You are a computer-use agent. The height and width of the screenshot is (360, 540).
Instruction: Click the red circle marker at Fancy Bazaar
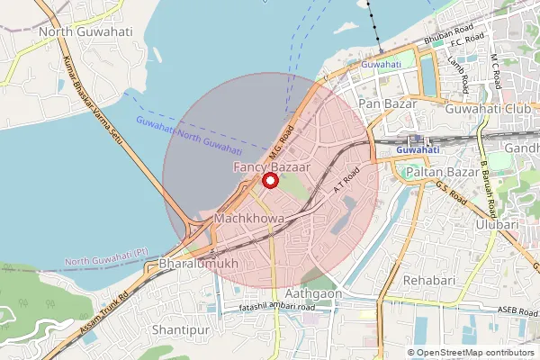268,181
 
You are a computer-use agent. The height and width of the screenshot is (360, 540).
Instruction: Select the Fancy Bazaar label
270,167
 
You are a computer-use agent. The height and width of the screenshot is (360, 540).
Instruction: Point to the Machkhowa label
250,219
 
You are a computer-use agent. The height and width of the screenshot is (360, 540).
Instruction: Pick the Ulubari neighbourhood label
498,224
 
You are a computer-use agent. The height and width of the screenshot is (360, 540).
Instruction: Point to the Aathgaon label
315,293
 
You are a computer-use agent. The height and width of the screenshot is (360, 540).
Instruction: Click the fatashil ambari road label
277,308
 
